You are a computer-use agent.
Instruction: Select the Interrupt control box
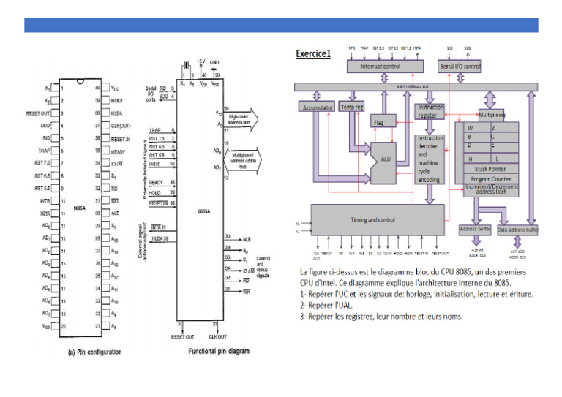[x=381, y=66]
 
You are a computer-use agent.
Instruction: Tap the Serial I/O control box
[x=459, y=66]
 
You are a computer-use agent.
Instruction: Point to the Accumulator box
[x=318, y=107]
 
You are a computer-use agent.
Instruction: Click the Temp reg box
[x=353, y=107]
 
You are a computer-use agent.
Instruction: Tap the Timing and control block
[x=378, y=219]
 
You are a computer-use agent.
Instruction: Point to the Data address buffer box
[x=517, y=230]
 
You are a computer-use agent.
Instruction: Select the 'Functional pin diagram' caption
[x=213, y=350]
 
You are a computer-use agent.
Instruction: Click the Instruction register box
[x=430, y=111]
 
